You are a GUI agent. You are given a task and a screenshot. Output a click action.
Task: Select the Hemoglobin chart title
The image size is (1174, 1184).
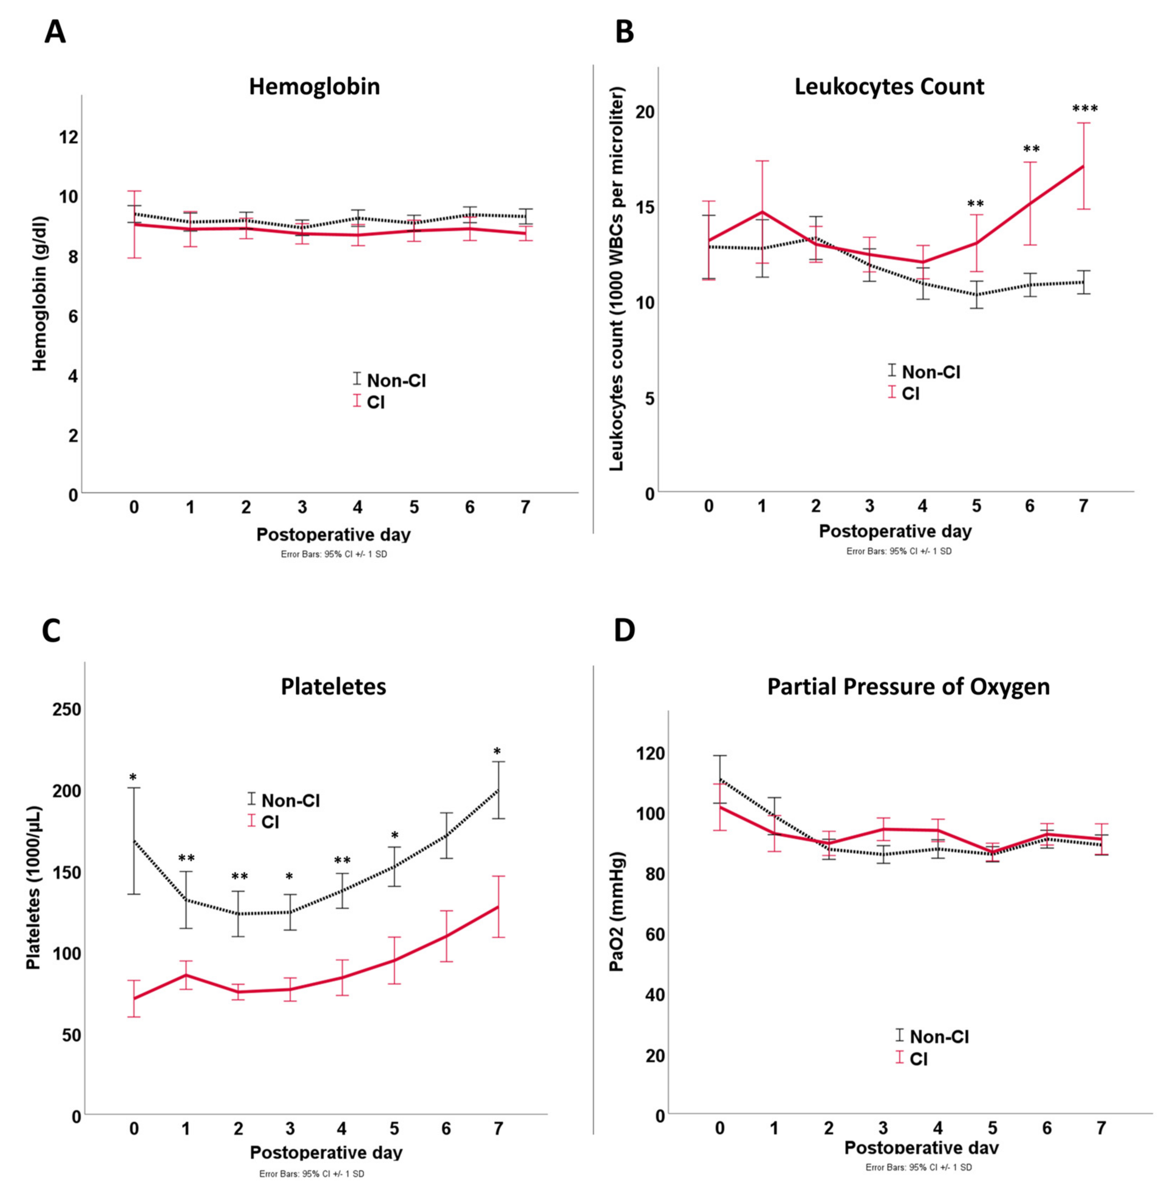point(314,86)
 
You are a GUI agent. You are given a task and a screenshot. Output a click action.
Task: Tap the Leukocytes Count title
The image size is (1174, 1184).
point(889,86)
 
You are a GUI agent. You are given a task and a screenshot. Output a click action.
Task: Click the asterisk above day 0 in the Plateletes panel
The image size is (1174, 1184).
point(133,778)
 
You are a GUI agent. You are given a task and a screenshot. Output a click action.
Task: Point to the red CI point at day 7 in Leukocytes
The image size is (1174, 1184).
point(1083,166)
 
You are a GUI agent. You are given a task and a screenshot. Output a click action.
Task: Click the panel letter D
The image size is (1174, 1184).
point(625,631)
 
